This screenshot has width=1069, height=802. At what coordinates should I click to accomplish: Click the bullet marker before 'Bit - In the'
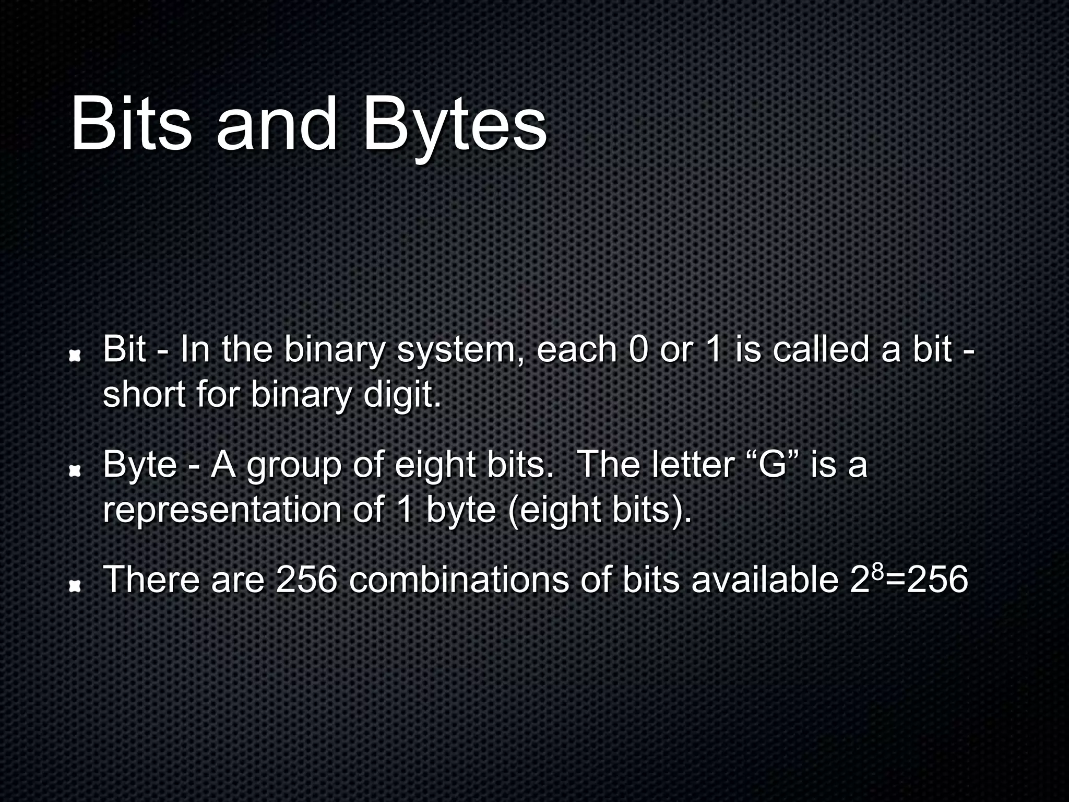[76, 356]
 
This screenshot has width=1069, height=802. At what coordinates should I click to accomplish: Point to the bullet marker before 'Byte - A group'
[76, 471]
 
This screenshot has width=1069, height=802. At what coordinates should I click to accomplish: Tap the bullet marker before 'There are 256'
[76, 587]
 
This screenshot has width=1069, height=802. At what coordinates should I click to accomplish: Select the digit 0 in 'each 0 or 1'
[637, 350]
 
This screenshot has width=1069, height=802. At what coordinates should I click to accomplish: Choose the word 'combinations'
[459, 580]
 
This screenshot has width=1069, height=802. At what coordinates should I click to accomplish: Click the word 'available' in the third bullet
[765, 580]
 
